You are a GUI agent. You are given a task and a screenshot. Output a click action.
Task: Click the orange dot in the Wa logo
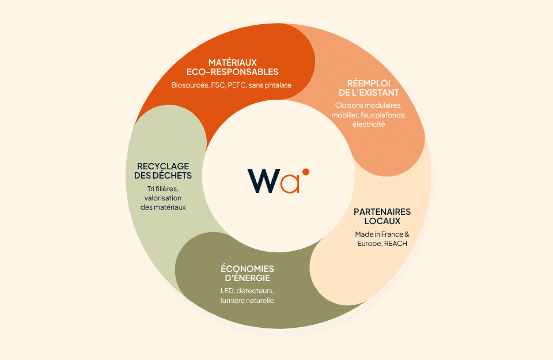tap(306, 172)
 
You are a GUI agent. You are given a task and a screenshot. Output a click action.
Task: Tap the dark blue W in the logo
tap(263, 181)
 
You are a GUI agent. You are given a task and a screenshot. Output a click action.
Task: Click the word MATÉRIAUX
tap(232, 62)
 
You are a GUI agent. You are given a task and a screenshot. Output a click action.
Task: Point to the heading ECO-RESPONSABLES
tap(232, 72)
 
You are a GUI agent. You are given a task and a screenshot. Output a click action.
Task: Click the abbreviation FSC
tap(218, 85)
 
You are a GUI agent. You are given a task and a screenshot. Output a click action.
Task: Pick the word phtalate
tap(278, 85)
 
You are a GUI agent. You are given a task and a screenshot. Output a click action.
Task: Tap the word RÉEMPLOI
tap(369, 83)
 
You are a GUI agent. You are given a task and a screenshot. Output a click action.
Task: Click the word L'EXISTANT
tap(376, 93)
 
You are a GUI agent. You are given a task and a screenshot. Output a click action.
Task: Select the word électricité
tap(369, 124)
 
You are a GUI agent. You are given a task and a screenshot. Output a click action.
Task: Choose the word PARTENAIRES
tap(382, 212)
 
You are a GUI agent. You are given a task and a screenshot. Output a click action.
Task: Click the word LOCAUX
tap(382, 221)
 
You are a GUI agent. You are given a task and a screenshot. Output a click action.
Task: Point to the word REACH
tap(395, 244)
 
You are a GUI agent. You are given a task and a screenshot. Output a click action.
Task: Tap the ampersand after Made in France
tap(407, 234)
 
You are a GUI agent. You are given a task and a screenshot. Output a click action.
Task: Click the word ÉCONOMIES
tap(247, 268)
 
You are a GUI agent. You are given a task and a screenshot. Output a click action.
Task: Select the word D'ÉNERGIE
tap(247, 278)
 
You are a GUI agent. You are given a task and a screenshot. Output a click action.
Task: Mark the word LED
tap(227, 291)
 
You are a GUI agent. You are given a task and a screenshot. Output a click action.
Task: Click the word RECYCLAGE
tap(163, 166)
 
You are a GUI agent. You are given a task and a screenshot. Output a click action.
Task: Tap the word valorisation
tap(163, 198)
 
